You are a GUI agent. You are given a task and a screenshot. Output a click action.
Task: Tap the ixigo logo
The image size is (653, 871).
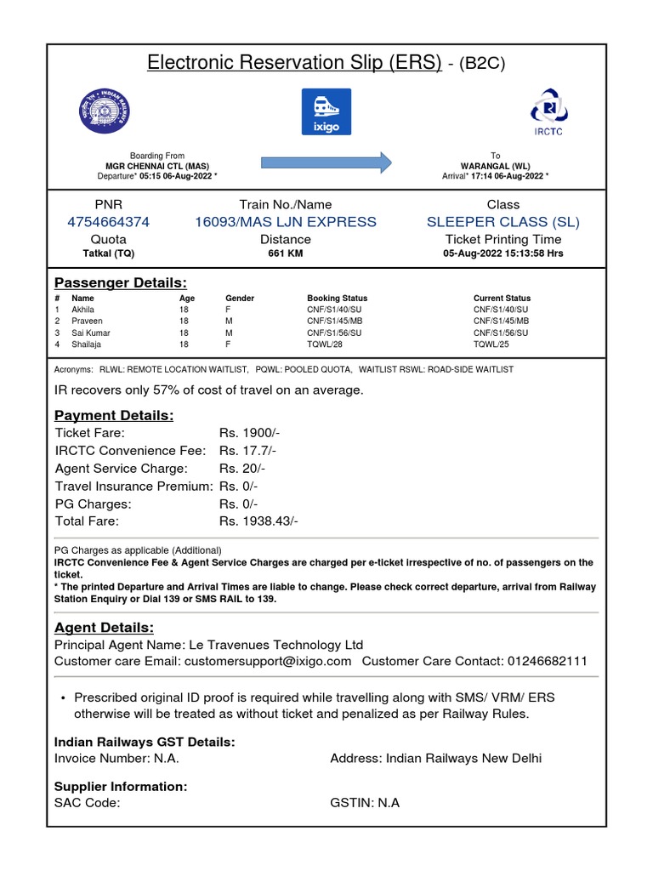pos(326,111)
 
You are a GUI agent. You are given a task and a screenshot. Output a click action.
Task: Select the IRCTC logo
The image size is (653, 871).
pos(547,111)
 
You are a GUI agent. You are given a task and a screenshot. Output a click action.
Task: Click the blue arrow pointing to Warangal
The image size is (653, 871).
pos(326,161)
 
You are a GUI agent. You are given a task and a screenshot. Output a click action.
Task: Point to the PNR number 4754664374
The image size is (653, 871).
pos(108,222)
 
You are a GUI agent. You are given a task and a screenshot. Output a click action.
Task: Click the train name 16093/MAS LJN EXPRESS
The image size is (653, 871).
pos(286,222)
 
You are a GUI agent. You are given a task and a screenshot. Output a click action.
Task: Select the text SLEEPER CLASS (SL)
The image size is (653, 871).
pos(503,222)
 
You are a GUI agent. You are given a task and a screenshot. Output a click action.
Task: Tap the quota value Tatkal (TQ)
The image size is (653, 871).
pos(108,253)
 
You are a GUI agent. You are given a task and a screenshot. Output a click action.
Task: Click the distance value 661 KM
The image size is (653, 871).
pos(286,253)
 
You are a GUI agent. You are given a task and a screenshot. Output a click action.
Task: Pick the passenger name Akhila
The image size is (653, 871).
pos(83,310)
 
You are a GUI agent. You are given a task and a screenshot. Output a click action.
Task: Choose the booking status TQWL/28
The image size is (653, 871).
pos(325,344)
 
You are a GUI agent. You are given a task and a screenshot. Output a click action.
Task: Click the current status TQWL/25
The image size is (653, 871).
pos(491,344)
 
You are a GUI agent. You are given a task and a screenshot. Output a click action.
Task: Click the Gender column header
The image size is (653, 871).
pos(240,299)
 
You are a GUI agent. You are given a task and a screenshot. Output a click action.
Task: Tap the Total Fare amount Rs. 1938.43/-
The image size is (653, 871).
pos(258,521)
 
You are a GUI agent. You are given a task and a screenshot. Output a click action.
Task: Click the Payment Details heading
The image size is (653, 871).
pos(114,415)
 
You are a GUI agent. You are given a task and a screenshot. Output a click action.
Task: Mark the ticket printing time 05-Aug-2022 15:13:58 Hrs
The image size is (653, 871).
pos(503,253)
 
